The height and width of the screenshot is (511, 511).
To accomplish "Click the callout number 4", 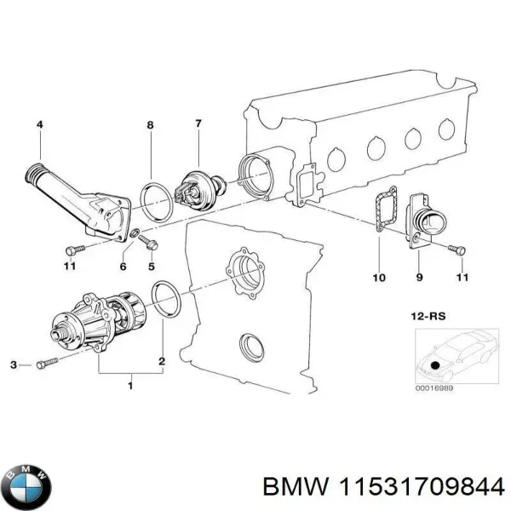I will (38, 126).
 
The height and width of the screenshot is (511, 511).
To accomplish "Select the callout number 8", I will (151, 126).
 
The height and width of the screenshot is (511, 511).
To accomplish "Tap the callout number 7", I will (198, 123).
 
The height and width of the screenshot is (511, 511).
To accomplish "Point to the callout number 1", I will (129, 387).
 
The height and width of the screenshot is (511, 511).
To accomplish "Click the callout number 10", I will (379, 278).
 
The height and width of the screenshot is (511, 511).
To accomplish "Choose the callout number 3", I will (14, 365).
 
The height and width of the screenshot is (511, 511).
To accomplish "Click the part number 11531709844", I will (427, 485).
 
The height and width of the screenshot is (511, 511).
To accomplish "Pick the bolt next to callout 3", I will (46, 365).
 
